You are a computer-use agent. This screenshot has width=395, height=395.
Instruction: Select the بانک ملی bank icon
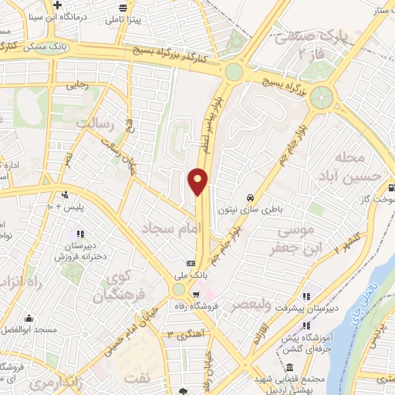click(191, 262)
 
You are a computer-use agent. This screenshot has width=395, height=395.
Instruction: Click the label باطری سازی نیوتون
click(258, 208)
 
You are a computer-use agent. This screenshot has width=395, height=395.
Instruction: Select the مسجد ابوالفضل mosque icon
click(29, 319)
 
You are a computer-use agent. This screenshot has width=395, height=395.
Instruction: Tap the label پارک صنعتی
click(306, 36)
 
